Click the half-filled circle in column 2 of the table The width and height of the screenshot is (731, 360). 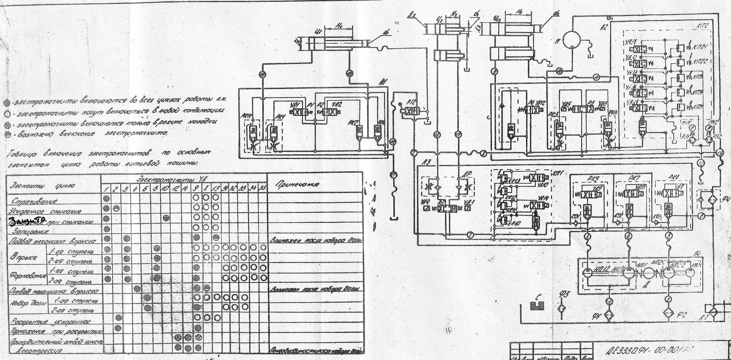[117, 208]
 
